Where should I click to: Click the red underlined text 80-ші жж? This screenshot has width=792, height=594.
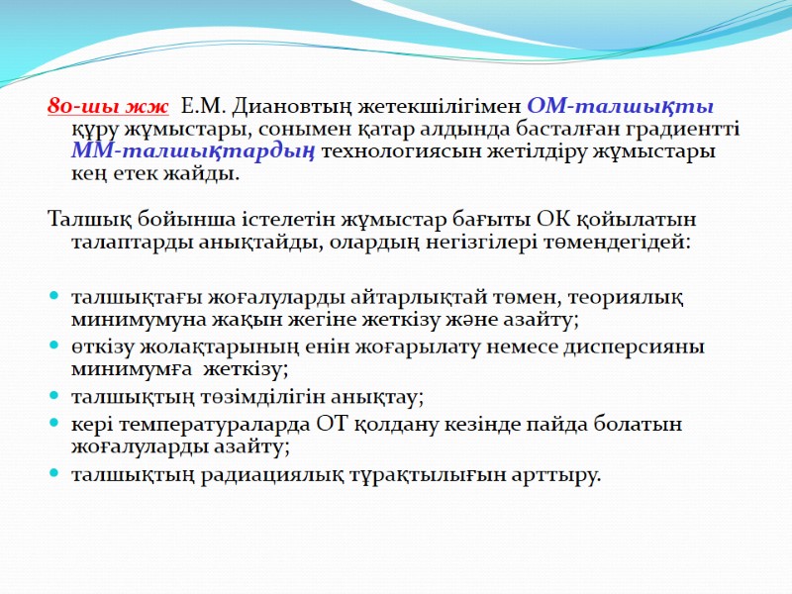pyautogui.click(x=108, y=107)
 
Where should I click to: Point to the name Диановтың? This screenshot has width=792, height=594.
pyautogui.click(x=277, y=107)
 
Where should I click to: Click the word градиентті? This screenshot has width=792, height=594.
pyautogui.click(x=679, y=129)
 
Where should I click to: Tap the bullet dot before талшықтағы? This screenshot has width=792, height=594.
pyautogui.click(x=52, y=297)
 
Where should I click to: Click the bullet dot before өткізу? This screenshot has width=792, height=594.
pyautogui.click(x=52, y=347)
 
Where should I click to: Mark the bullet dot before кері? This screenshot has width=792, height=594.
pyautogui.click(x=52, y=425)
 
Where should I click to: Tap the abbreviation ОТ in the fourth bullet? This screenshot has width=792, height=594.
pyautogui.click(x=334, y=424)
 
